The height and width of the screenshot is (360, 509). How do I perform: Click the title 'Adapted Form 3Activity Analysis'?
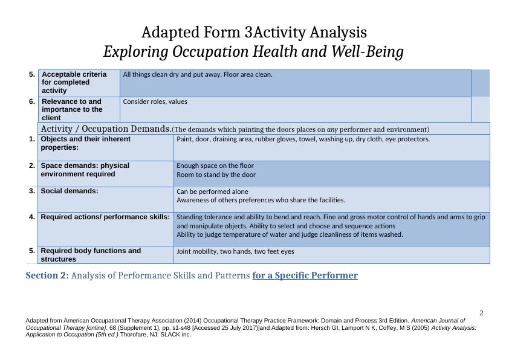(253, 31)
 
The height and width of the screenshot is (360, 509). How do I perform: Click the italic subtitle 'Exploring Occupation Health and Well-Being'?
(253, 53)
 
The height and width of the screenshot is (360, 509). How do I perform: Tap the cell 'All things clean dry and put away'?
(197, 75)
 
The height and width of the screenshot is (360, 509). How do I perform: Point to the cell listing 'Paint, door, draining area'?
(303, 140)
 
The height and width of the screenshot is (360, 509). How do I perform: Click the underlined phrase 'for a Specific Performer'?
(305, 276)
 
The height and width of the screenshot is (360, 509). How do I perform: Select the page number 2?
(481, 313)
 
